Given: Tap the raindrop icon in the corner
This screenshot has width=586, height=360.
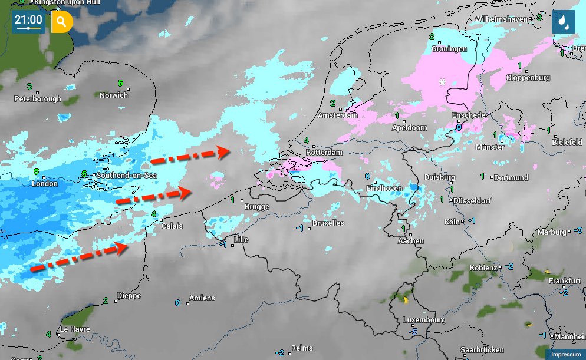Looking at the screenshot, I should [564, 22].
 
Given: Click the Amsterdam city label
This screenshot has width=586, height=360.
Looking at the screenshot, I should [337, 115].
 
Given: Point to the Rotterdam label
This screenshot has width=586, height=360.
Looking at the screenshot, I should [324, 153].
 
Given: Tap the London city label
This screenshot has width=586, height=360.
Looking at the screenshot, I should [44, 184].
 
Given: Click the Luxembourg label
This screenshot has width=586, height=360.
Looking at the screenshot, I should [424, 320].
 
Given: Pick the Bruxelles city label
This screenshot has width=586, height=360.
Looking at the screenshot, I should [328, 223].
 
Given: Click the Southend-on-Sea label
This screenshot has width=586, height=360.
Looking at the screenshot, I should [127, 176].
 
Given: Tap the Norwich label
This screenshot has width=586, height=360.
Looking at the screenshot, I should [113, 95].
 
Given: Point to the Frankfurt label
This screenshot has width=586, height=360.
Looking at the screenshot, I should [565, 282].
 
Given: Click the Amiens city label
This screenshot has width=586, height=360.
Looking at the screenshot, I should [202, 298].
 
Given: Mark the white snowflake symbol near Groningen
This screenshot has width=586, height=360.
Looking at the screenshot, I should [442, 82].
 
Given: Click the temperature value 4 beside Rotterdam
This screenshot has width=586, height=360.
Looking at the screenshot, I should [307, 140].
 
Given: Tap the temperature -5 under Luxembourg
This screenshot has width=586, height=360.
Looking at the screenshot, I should [414, 332].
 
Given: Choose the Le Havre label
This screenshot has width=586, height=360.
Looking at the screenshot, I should [74, 329].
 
